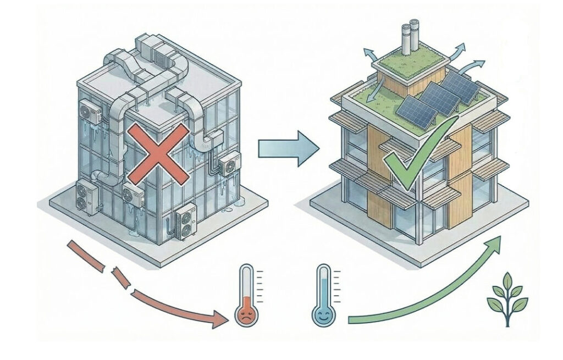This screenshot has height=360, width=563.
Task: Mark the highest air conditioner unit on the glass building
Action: point(90,113)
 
